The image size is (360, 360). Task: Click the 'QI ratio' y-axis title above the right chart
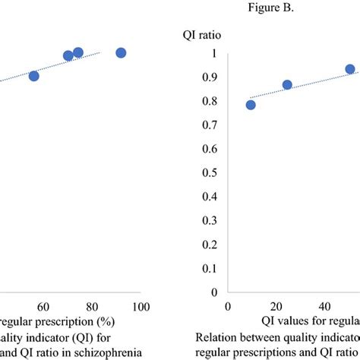pos(201,35)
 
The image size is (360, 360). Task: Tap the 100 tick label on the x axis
pos(141,306)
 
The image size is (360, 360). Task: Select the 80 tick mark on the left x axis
pos(93,306)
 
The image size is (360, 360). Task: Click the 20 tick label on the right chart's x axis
pos(277,306)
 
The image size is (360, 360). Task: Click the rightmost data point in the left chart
pos(121,52)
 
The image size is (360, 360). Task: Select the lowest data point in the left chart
pos(33,76)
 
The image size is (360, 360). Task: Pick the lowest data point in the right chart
pos(251,105)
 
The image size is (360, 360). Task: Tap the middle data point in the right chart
pos(287,85)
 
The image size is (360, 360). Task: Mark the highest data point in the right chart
pos(350,69)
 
